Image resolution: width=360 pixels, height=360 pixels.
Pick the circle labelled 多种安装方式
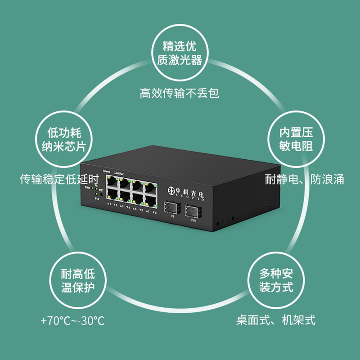click(276, 280)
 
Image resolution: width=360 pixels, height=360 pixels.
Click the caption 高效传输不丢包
click(180, 94)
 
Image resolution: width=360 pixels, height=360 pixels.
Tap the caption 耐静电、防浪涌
click(305, 180)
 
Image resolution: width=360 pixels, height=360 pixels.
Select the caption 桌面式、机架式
click(276, 320)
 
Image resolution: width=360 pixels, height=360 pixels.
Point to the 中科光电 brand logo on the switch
click(185, 191)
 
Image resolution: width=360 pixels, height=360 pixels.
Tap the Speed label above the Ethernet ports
click(106, 171)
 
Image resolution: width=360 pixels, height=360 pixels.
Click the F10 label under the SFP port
click(193, 221)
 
